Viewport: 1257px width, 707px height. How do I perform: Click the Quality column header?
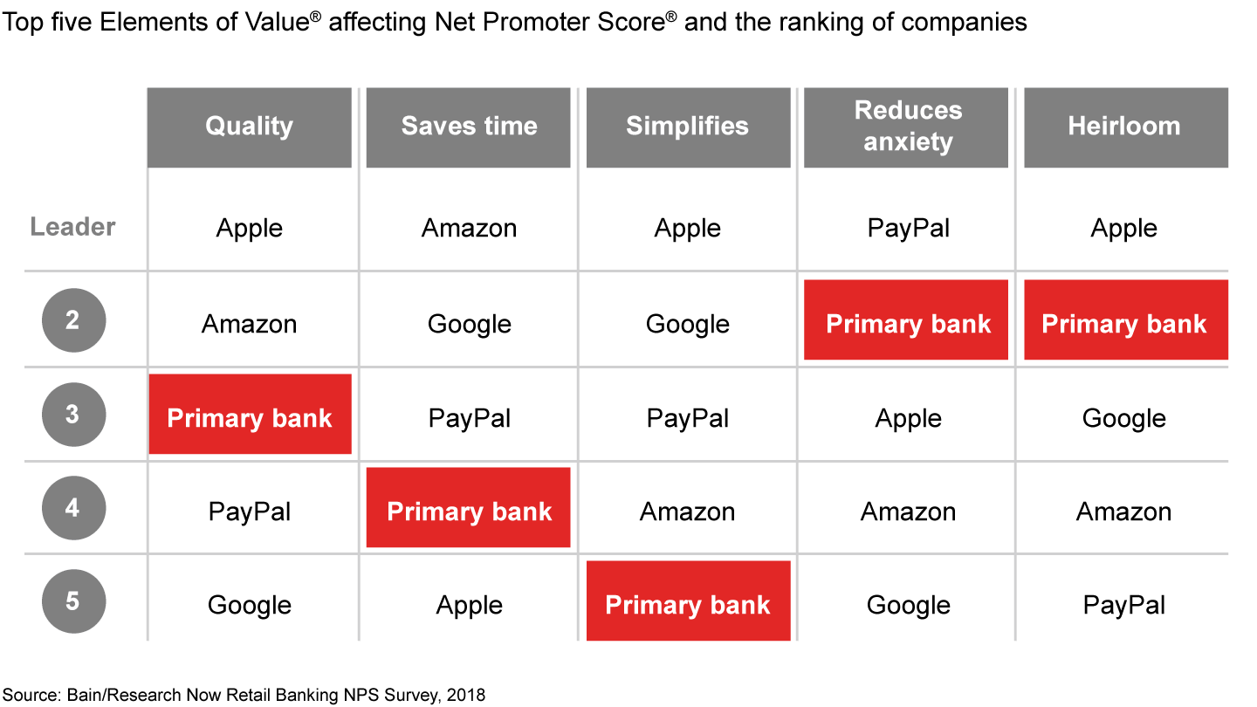(x=249, y=127)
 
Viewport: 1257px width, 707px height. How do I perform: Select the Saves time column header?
(x=468, y=127)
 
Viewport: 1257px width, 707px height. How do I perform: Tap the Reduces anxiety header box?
(x=906, y=127)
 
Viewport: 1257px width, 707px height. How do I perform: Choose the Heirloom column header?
(x=1126, y=127)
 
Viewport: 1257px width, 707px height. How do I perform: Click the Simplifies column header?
(x=688, y=127)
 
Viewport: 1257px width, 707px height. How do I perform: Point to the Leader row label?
(x=72, y=227)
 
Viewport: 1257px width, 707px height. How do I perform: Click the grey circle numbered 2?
(x=73, y=320)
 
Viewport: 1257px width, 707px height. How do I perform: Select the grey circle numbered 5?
(x=73, y=601)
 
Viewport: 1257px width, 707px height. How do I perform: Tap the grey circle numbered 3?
(x=73, y=415)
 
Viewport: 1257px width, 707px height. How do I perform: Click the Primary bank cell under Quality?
(x=250, y=414)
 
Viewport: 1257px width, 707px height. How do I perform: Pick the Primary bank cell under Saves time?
(x=468, y=507)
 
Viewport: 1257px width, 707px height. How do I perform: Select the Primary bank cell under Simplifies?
(x=688, y=601)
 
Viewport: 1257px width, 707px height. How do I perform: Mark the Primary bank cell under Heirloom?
(x=1126, y=319)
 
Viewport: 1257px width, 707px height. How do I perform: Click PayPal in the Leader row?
(x=909, y=229)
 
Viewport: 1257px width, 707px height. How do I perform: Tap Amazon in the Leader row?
(x=469, y=229)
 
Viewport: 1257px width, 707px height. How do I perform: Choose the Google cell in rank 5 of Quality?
(x=249, y=606)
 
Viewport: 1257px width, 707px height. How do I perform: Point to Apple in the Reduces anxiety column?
(x=908, y=419)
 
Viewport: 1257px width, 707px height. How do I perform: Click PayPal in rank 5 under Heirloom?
(x=1124, y=606)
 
